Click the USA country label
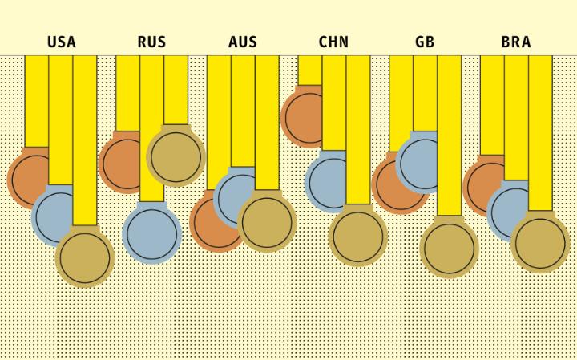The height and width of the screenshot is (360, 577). (x=62, y=42)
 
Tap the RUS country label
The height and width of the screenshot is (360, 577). (x=151, y=42)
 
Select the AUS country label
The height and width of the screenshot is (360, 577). (x=243, y=42)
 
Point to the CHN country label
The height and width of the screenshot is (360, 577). (x=333, y=42)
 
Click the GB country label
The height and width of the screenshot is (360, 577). (x=425, y=42)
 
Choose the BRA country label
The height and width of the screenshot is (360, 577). (x=516, y=42)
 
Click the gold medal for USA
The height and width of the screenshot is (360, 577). (x=85, y=257)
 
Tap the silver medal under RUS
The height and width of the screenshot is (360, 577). (x=152, y=234)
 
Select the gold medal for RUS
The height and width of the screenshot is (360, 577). (x=176, y=156)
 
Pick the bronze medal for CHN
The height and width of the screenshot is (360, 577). (x=302, y=117)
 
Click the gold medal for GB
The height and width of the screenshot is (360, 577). (x=449, y=248)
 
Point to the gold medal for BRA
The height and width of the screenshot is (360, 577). (x=540, y=243)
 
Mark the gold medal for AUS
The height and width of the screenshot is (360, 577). (x=267, y=222)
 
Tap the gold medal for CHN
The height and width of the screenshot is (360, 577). (x=357, y=236)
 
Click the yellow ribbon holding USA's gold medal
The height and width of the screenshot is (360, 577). (x=85, y=140)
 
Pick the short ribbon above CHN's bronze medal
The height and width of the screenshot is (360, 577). (x=309, y=71)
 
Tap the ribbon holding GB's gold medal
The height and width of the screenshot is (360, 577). (x=449, y=136)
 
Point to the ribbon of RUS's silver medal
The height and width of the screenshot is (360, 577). (x=152, y=128)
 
